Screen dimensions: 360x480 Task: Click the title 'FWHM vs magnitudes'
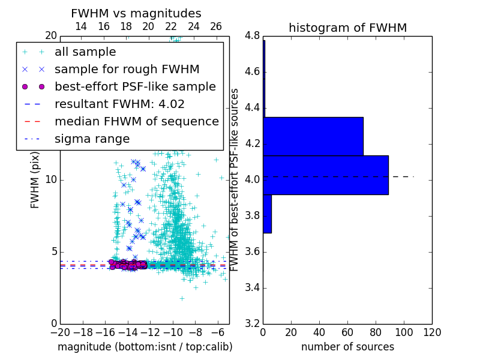pyautogui.click(x=136, y=13)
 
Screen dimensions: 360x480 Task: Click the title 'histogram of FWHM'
pyautogui.click(x=347, y=28)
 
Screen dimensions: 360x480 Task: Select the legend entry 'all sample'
pyautogui.click(x=85, y=52)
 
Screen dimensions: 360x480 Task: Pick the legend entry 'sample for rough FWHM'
pyautogui.click(x=127, y=70)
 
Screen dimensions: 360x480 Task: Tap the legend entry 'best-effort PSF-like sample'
pyautogui.click(x=135, y=87)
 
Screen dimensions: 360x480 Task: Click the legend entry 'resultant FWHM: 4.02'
pyautogui.click(x=119, y=104)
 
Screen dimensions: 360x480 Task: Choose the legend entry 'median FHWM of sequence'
pyautogui.click(x=136, y=122)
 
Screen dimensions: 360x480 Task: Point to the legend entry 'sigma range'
pyautogui.click(x=92, y=139)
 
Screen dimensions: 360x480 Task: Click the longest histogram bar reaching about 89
pyautogui.click(x=325, y=175)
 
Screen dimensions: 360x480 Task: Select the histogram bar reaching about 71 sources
pyautogui.click(x=313, y=136)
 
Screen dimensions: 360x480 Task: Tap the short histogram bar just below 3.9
pyautogui.click(x=267, y=214)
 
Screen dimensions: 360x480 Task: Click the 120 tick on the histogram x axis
pyautogui.click(x=431, y=332)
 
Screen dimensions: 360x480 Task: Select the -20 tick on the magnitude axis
pyautogui.click(x=60, y=332)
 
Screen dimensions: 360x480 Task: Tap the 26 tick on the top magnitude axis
pyautogui.click(x=216, y=26)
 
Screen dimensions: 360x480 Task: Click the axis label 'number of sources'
pyautogui.click(x=347, y=347)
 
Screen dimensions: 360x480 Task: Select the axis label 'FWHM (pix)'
pyautogui.click(x=35, y=180)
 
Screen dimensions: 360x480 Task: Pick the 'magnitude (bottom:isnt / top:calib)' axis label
pyautogui.click(x=145, y=347)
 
